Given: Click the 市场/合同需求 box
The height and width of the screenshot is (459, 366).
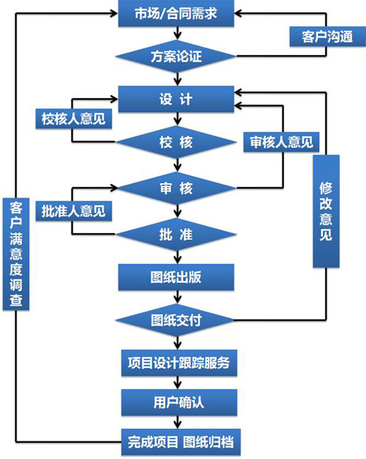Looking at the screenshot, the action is pyautogui.click(x=176, y=13).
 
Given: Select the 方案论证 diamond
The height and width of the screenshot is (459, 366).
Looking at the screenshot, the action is pyautogui.click(x=176, y=56).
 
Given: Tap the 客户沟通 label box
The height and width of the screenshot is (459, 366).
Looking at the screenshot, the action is pyautogui.click(x=327, y=37).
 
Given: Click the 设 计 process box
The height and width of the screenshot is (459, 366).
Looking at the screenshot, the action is pyautogui.click(x=176, y=99).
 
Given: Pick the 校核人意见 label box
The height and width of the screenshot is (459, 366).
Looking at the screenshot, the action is pyautogui.click(x=74, y=119).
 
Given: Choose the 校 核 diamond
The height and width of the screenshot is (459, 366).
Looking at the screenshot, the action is pyautogui.click(x=176, y=142).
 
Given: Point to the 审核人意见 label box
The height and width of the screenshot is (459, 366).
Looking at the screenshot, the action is pyautogui.click(x=281, y=142).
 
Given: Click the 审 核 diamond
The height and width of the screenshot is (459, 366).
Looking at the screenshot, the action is pyautogui.click(x=176, y=188).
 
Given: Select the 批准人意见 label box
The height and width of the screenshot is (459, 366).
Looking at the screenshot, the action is pyautogui.click(x=74, y=210).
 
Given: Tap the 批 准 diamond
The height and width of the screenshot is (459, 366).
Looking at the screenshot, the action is pyautogui.click(x=176, y=234).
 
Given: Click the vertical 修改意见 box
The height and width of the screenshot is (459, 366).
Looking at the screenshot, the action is pyautogui.click(x=326, y=211).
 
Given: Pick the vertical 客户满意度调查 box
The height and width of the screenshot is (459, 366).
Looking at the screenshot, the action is pyautogui.click(x=16, y=254).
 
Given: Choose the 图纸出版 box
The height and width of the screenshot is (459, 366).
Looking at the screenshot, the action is pyautogui.click(x=176, y=277).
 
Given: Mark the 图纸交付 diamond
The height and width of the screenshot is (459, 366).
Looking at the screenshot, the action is pyautogui.click(x=176, y=320).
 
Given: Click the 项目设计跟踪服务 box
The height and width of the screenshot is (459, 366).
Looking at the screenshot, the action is pyautogui.click(x=179, y=363).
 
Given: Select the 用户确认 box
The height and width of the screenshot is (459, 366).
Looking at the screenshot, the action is pyautogui.click(x=179, y=403).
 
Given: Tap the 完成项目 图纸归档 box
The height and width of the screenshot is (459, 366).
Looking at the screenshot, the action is pyautogui.click(x=181, y=442).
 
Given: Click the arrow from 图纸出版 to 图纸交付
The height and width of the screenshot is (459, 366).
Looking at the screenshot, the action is pyautogui.click(x=177, y=297).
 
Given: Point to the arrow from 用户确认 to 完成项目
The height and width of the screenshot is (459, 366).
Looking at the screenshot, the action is pyautogui.click(x=177, y=422).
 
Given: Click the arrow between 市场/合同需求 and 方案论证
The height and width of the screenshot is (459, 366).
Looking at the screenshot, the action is pyautogui.click(x=177, y=33).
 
